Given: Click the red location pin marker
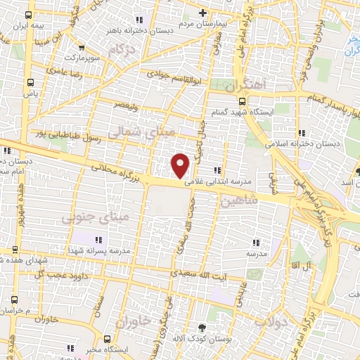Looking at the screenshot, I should [x=181, y=165].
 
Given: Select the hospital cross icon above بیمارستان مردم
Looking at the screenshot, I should [x=202, y=13].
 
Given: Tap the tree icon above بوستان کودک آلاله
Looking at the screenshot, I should [x=202, y=328].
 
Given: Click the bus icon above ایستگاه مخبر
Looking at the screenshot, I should [x=106, y=338].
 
